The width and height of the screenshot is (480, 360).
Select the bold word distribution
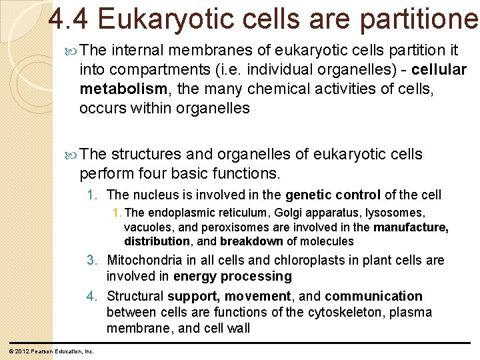click(x=157, y=241)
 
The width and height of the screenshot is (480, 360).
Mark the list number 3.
click(x=92, y=260)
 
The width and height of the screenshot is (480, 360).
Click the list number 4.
click(x=92, y=296)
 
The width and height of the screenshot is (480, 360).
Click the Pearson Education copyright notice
click(x=51, y=351)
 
